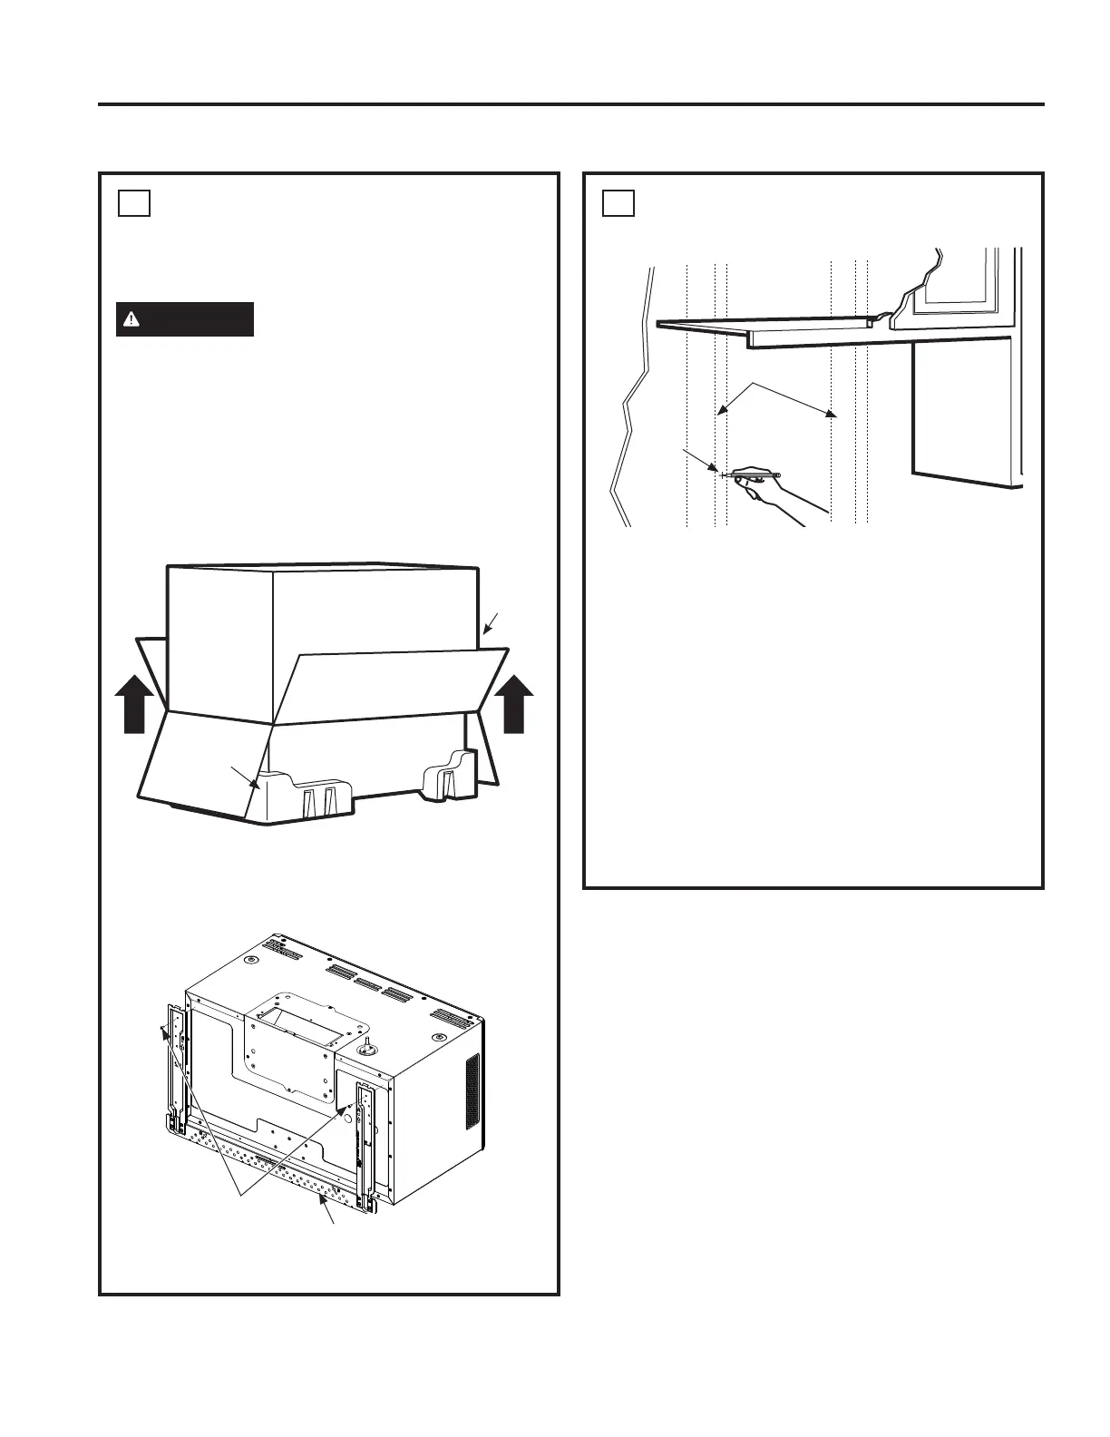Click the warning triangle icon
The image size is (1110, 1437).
click(132, 319)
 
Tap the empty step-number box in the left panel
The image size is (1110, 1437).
click(133, 202)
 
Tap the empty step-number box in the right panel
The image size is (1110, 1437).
click(618, 202)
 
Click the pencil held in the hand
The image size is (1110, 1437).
click(755, 474)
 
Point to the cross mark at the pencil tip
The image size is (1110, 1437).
click(722, 474)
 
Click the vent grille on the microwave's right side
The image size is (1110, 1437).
click(472, 1092)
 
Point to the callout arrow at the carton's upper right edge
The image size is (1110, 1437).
click(489, 623)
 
